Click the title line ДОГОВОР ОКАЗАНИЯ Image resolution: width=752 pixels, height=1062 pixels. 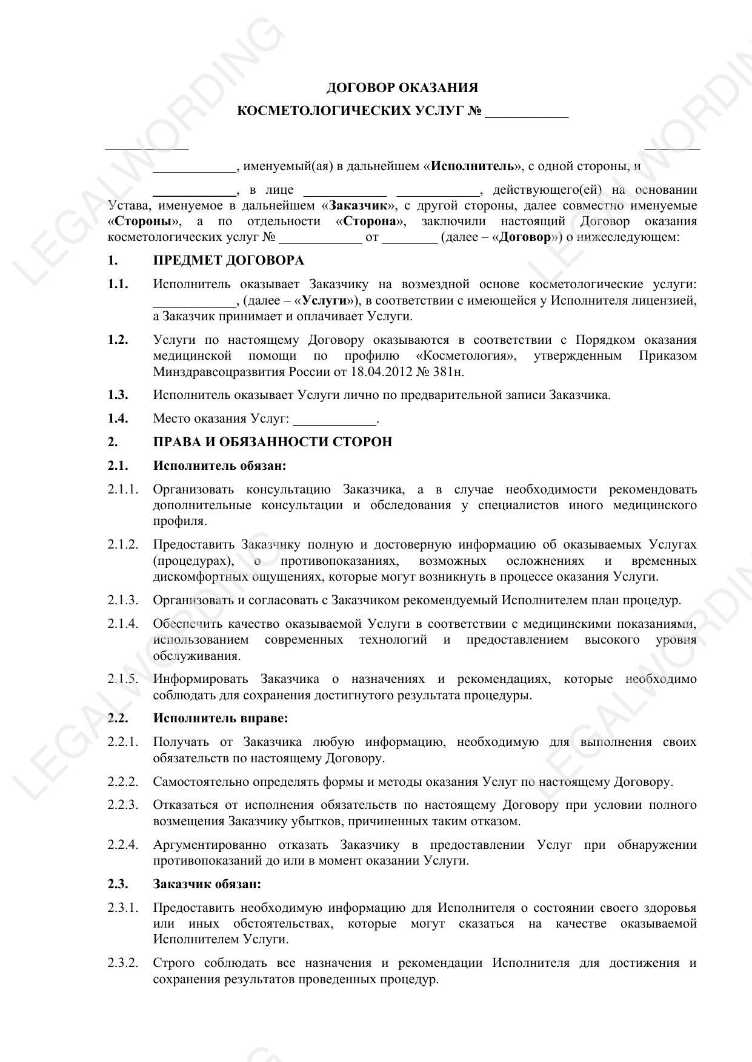402,88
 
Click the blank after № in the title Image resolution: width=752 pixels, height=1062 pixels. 527,112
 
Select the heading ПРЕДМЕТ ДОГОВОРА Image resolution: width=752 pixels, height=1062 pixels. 228,261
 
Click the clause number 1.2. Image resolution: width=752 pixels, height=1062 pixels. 118,340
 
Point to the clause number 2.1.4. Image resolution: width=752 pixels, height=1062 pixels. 123,624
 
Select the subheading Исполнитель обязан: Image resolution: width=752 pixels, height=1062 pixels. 219,466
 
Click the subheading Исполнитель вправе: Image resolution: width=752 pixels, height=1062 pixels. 220,718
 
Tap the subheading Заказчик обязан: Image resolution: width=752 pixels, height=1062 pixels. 207,884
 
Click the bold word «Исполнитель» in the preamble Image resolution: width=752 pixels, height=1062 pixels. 473,167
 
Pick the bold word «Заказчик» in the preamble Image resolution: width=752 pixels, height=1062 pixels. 359,206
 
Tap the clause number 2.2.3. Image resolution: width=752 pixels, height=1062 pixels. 123,805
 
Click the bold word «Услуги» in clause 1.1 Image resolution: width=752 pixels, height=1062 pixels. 328,301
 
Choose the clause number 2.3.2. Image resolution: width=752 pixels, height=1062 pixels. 123,963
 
